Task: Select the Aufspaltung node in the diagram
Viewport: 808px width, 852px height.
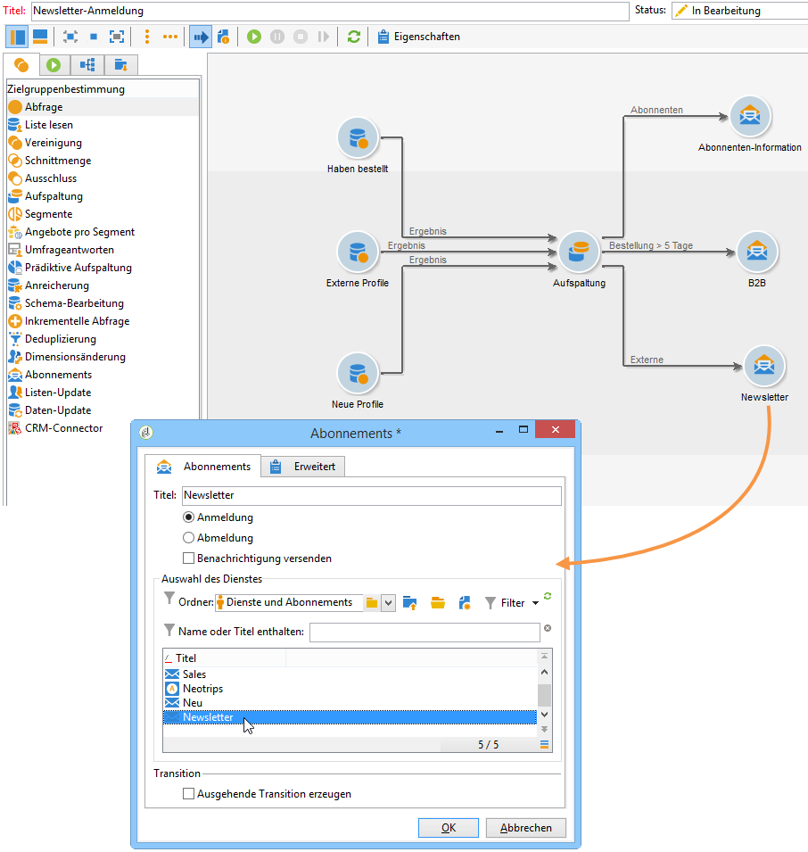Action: click(x=579, y=252)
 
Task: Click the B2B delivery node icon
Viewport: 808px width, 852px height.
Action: click(x=757, y=252)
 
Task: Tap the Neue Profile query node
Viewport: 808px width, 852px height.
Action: click(x=359, y=374)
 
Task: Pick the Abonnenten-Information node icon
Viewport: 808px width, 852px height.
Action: click(x=750, y=116)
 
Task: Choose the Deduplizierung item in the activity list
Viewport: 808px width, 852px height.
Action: click(x=60, y=339)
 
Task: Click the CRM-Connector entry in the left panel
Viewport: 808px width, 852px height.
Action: click(x=62, y=428)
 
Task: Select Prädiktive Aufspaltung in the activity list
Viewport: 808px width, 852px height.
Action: click(x=78, y=268)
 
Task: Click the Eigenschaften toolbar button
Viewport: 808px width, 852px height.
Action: click(x=419, y=37)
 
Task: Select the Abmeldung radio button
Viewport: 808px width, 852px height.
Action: click(x=188, y=538)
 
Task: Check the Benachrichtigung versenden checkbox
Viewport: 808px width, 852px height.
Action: click(x=188, y=558)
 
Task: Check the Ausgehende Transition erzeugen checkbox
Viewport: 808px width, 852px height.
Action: click(x=188, y=793)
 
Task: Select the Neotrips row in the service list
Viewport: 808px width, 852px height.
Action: click(x=203, y=689)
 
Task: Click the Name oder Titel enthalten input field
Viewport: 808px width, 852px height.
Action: click(x=425, y=632)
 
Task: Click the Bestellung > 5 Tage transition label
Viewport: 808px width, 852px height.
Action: click(x=650, y=245)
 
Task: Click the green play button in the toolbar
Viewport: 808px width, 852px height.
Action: click(x=254, y=37)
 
